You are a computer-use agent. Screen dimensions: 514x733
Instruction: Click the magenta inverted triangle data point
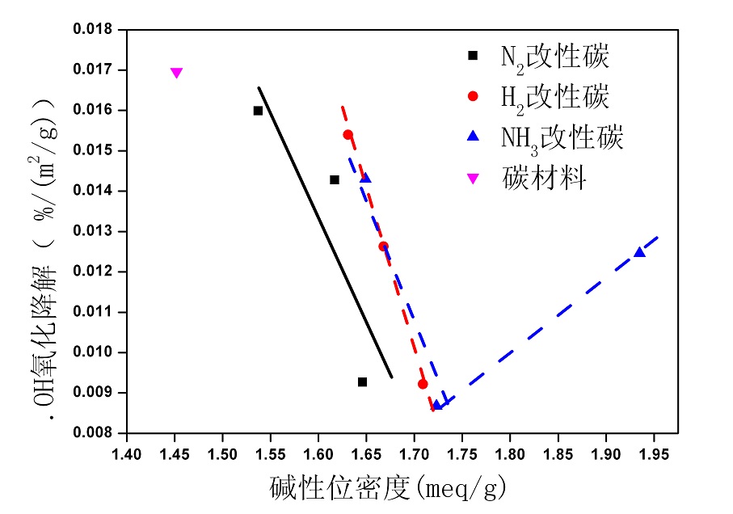click(x=176, y=73)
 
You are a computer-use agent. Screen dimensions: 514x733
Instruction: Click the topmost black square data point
click(x=258, y=111)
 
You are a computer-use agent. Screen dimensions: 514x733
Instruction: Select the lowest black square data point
click(x=362, y=381)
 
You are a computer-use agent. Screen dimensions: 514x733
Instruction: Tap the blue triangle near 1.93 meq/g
click(x=639, y=252)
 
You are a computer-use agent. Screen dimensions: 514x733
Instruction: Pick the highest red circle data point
click(x=348, y=134)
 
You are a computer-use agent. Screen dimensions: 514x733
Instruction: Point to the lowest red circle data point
click(x=423, y=384)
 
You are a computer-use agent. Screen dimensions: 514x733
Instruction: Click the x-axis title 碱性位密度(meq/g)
click(x=388, y=487)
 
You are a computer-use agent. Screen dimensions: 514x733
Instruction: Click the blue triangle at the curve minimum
click(x=437, y=404)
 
